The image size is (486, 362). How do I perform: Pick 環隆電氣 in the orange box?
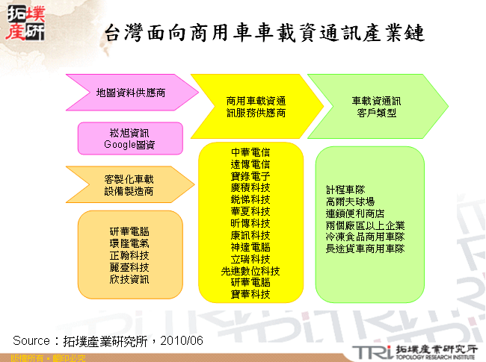(129, 243)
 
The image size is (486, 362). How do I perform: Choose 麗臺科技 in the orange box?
(129, 267)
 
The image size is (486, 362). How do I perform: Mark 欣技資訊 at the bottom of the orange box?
(129, 279)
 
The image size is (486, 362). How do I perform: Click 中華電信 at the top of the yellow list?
(250, 152)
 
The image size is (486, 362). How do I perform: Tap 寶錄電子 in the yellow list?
(250, 176)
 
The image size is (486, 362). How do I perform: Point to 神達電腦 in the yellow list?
(250, 247)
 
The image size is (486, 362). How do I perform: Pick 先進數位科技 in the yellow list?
(250, 271)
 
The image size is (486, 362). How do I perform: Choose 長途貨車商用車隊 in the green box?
(365, 249)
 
